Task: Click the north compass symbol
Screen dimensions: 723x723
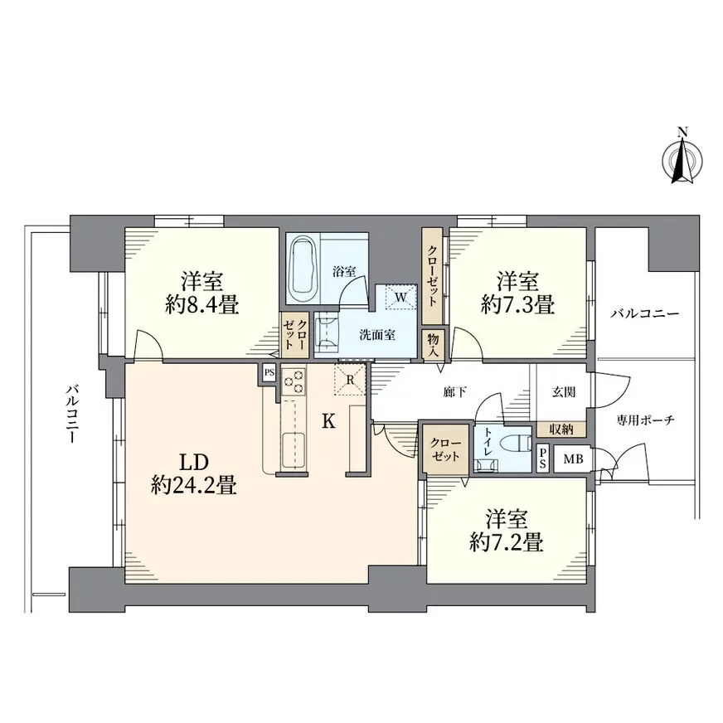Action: [x=682, y=158]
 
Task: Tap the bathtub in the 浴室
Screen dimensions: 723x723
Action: [x=304, y=269]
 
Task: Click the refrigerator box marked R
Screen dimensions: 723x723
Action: [x=350, y=380]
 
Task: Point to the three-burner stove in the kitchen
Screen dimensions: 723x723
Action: [x=294, y=381]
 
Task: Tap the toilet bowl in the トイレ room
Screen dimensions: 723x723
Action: [x=517, y=443]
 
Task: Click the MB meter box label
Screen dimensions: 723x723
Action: [x=573, y=459]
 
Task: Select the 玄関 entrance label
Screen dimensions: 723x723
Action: [x=564, y=392]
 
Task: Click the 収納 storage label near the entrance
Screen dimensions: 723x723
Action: [x=561, y=429]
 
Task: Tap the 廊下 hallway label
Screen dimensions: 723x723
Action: [x=455, y=392]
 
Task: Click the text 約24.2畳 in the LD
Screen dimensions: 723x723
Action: [x=194, y=485]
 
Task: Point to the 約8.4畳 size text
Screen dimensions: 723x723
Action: [x=202, y=304]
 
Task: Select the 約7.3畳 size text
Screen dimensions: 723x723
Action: [x=517, y=304]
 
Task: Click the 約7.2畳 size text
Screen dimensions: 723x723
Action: [x=507, y=542]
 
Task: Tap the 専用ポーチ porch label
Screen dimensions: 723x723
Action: [x=646, y=420]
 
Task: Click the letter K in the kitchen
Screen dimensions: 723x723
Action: [x=328, y=420]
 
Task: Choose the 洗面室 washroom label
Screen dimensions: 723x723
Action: [x=377, y=335]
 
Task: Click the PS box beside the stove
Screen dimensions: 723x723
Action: [x=269, y=373]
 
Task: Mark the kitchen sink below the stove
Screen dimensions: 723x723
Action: [x=294, y=450]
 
